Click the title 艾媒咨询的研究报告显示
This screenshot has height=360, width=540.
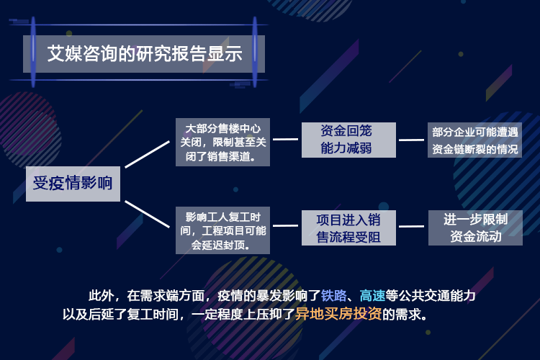(145, 54)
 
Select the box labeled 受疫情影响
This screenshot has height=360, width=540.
(73, 184)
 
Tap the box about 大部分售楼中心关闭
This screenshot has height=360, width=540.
(222, 142)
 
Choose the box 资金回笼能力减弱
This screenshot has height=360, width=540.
(348, 140)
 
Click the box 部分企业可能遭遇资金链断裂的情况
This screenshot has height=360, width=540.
(475, 140)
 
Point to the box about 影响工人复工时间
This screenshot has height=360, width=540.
(222, 230)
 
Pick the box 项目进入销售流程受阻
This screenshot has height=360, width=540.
(348, 228)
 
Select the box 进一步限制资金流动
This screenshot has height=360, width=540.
(475, 228)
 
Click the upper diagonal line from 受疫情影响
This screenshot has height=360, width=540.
(148, 154)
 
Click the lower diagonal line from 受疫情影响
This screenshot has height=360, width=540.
(148, 214)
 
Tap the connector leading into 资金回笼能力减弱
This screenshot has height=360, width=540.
(286, 139)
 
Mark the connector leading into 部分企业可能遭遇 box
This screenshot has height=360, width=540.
(412, 140)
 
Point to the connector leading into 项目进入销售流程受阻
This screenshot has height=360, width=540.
(286, 225)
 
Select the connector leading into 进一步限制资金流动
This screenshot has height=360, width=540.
(412, 226)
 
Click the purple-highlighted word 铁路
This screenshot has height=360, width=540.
(333, 296)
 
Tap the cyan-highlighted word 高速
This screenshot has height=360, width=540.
(372, 296)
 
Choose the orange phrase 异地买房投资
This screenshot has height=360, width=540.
(338, 314)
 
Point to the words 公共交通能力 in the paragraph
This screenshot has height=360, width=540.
(437, 296)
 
